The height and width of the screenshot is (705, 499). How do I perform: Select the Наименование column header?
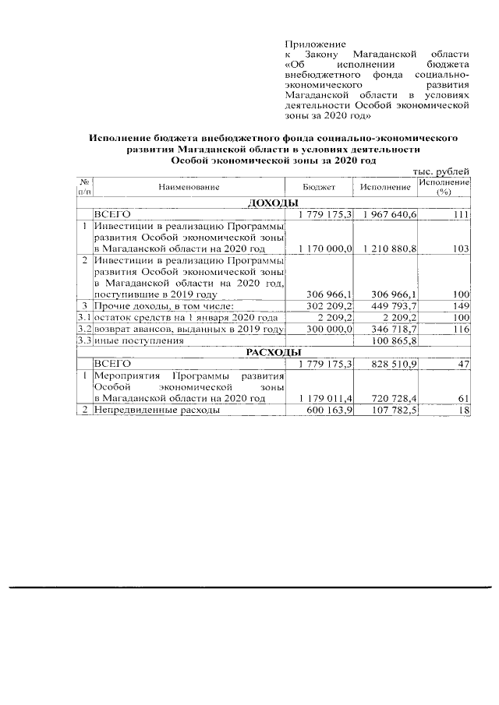click(x=188, y=188)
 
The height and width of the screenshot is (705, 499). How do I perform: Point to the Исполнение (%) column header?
click(x=444, y=186)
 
